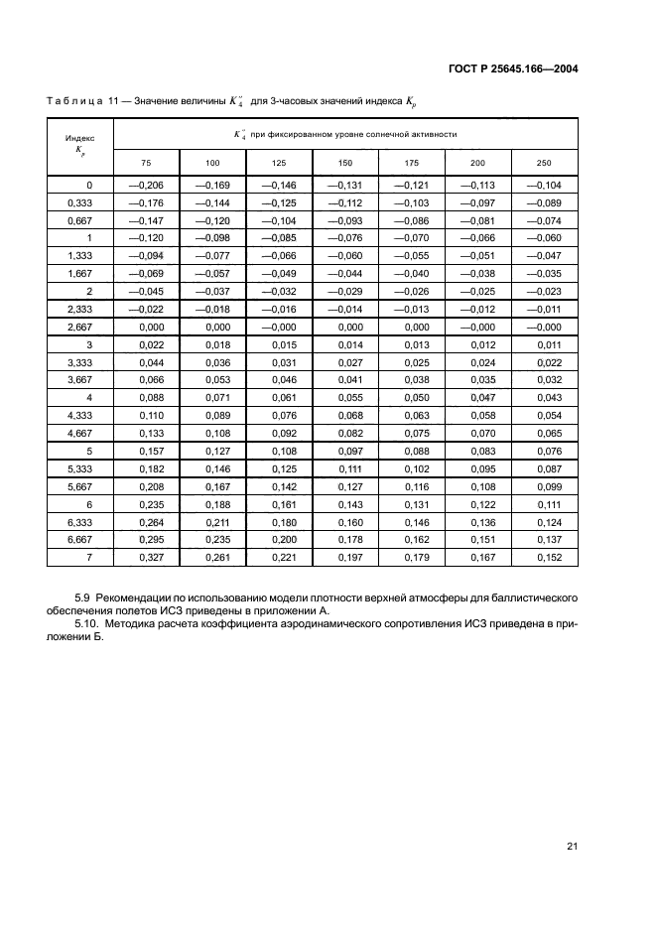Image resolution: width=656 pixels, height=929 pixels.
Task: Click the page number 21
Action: [572, 846]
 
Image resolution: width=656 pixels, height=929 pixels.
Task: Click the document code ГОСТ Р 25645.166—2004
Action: [510, 68]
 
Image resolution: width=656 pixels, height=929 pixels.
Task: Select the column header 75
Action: [146, 163]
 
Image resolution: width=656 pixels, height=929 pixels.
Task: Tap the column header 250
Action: [543, 163]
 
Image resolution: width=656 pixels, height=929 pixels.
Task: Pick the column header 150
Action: [344, 163]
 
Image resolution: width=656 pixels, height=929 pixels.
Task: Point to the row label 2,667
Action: [80, 327]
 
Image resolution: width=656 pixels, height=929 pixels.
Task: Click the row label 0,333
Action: [80, 202]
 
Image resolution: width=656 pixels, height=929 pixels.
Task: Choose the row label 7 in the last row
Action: [88, 558]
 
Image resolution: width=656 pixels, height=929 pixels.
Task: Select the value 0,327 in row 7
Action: [146, 558]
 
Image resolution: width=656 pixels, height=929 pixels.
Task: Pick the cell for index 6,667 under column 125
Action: [279, 540]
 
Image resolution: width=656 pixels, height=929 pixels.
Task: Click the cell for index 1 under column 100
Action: [212, 238]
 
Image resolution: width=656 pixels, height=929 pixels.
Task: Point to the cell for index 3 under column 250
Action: [543, 343]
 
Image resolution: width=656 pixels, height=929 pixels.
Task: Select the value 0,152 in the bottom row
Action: [543, 558]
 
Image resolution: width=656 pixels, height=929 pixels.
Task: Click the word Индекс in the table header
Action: [80, 139]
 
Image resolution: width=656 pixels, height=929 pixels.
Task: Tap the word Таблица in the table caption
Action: [73, 101]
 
